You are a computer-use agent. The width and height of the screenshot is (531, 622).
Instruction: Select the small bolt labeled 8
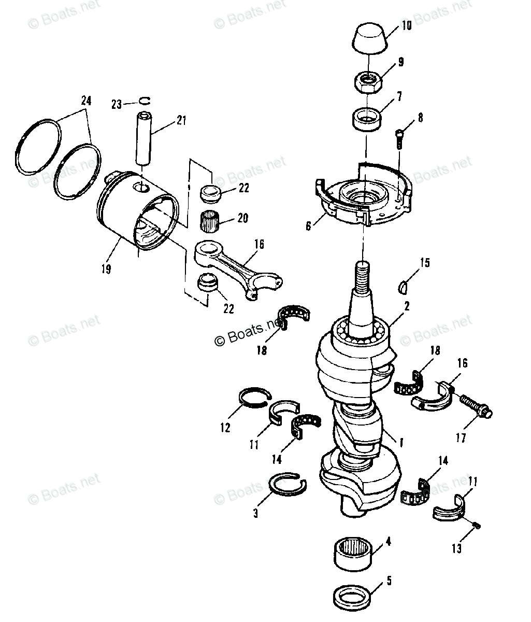(x=399, y=134)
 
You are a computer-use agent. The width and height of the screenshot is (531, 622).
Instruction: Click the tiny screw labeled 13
(x=477, y=527)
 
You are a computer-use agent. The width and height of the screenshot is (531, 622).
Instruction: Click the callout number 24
(x=85, y=101)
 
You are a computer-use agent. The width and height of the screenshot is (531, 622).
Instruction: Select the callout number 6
(x=309, y=227)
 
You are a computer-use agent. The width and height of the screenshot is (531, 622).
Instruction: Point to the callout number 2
(x=407, y=306)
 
